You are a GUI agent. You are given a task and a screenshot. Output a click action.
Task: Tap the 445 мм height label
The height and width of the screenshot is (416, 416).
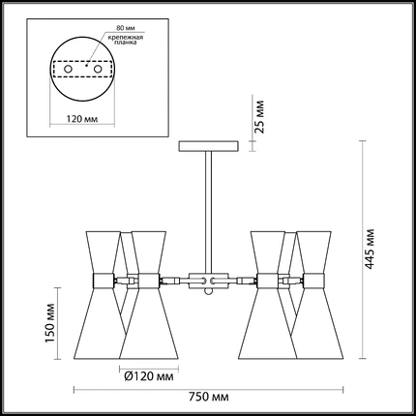point(370,249)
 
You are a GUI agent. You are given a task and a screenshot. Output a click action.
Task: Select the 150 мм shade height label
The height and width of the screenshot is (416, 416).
point(49,323)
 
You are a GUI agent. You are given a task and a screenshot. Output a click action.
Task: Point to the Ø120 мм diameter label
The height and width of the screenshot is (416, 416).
point(149,376)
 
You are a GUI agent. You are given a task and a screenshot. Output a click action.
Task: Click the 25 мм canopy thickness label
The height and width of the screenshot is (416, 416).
point(259,117)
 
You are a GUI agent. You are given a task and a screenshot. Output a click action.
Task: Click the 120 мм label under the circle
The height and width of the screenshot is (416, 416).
point(82,119)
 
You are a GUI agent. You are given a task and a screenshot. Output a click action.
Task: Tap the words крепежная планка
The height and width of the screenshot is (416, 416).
point(126,40)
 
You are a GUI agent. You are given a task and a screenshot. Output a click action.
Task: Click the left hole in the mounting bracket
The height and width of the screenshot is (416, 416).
point(68,69)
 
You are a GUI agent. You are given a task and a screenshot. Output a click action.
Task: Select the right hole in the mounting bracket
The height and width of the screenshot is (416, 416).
point(98,69)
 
